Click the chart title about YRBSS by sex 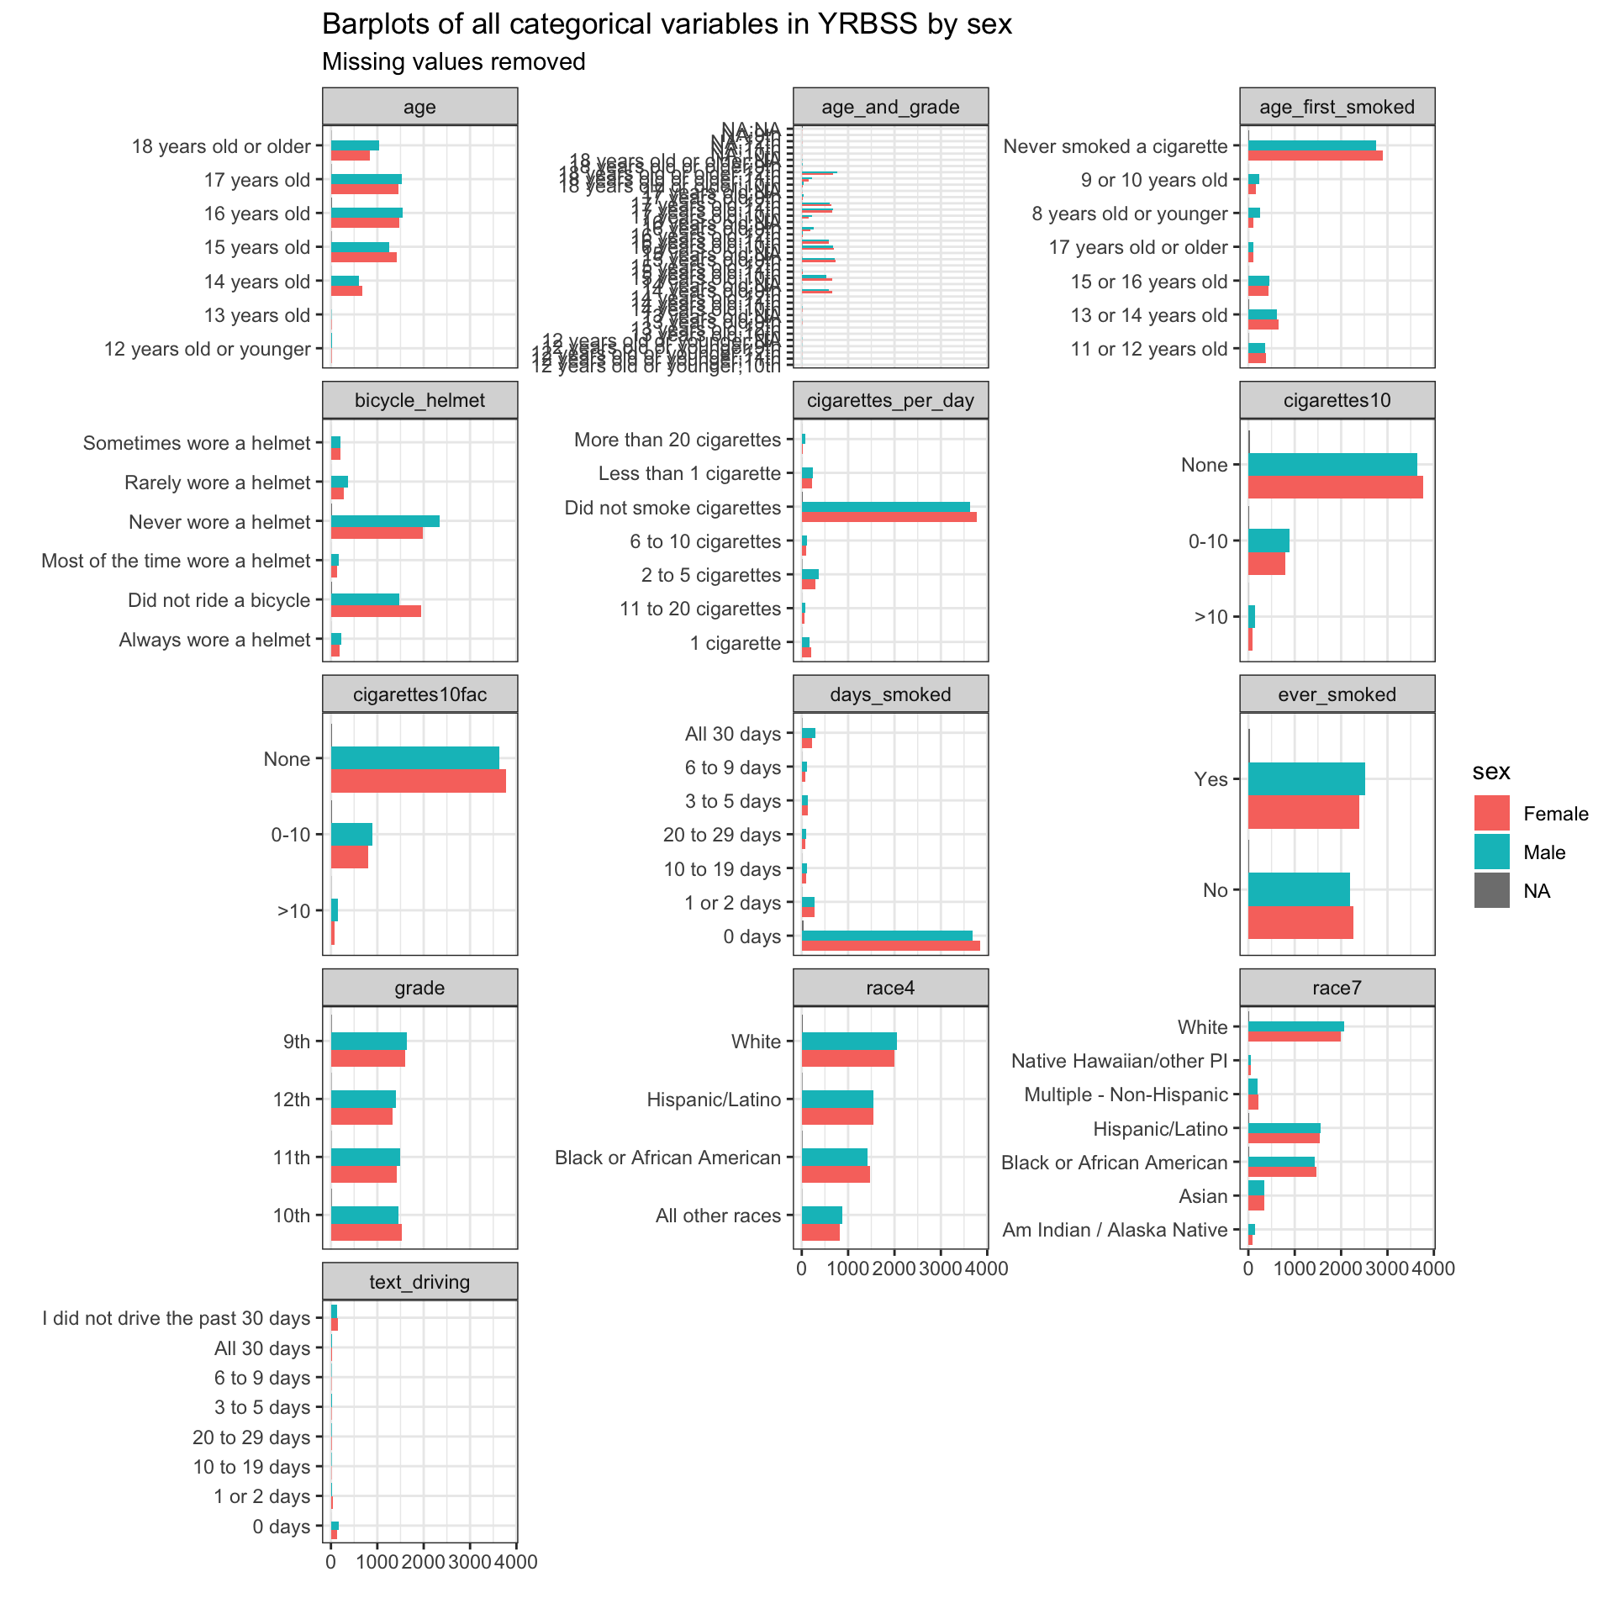click(667, 24)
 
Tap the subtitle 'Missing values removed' click(454, 62)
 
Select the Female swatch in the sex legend click(1491, 813)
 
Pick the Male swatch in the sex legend click(1491, 852)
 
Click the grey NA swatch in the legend click(1491, 890)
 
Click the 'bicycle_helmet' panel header click(419, 400)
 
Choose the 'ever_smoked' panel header click(1337, 694)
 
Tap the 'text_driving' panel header click(419, 1282)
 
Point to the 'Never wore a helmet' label click(219, 522)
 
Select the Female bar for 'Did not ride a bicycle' click(376, 611)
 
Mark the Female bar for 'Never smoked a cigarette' click(1315, 156)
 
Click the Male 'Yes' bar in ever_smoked click(1306, 779)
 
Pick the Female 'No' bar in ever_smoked click(1300, 922)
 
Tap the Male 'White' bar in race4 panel click(849, 1041)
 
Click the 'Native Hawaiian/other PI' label click(1119, 1061)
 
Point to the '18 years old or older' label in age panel click(221, 146)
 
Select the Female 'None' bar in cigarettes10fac click(418, 781)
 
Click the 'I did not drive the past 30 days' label click(177, 1318)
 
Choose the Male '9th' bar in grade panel click(368, 1041)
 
